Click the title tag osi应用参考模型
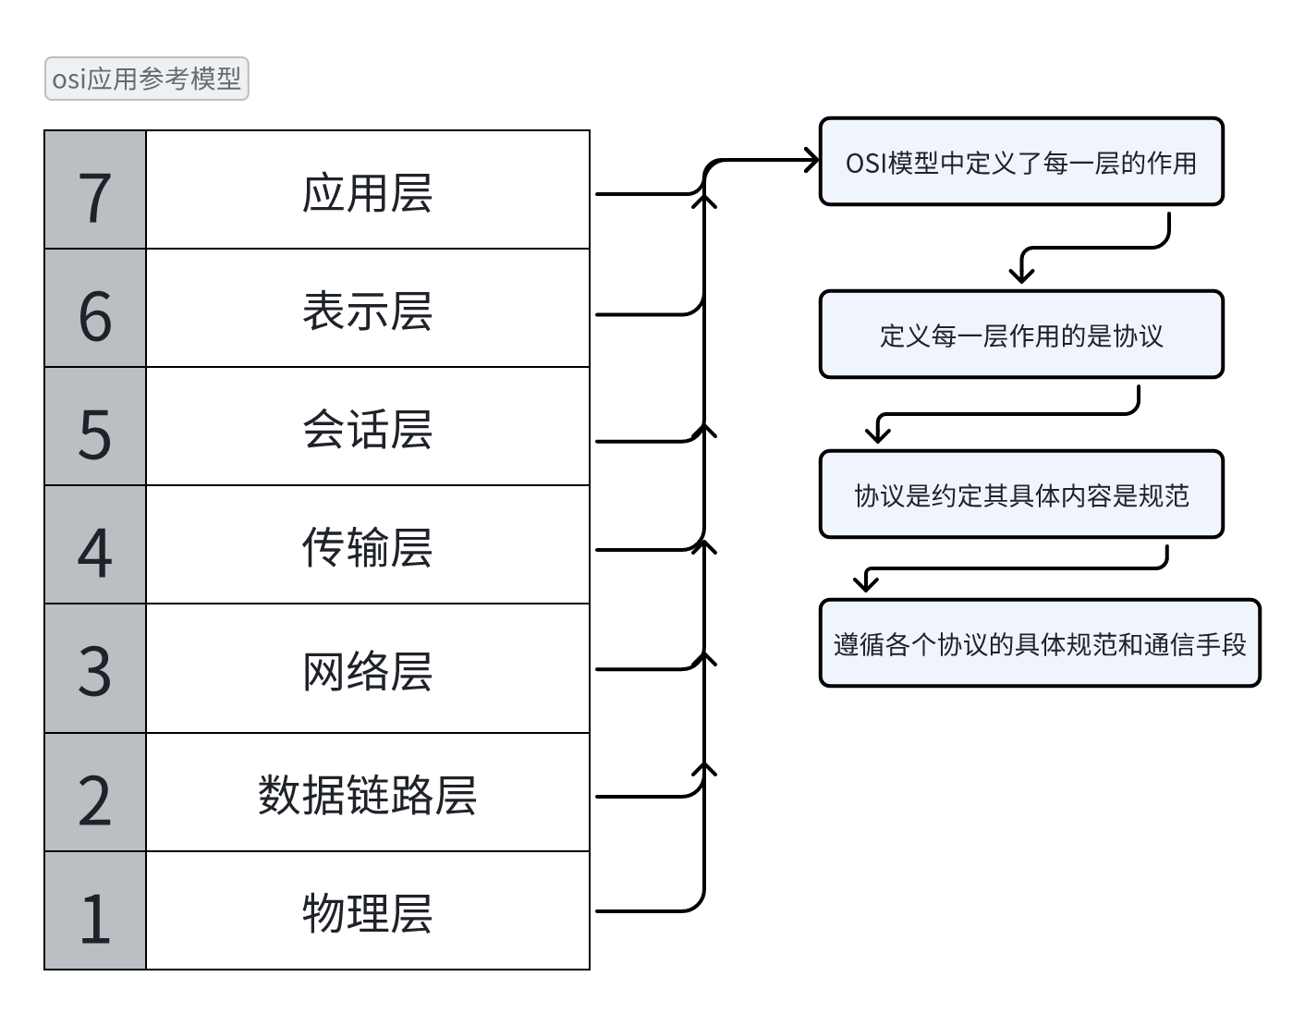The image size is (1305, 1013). (146, 79)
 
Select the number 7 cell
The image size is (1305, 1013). (95, 190)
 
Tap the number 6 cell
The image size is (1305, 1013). (95, 309)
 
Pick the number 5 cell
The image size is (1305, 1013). (95, 427)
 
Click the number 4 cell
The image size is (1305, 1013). (95, 545)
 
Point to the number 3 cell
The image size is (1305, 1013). (95, 669)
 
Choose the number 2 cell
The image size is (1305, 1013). (95, 793)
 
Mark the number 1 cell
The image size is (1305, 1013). (95, 911)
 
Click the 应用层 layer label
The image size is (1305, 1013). (367, 192)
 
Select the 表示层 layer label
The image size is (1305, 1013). (367, 311)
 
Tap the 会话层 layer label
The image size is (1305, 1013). (367, 429)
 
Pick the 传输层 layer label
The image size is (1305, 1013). (367, 547)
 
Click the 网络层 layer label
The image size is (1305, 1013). (367, 671)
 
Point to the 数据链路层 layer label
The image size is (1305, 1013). (367, 795)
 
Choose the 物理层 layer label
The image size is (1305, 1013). (367, 912)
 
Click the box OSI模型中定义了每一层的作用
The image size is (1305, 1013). (1021, 162)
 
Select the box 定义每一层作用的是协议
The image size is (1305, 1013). (1021, 335)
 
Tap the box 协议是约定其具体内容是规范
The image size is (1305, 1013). (1021, 494)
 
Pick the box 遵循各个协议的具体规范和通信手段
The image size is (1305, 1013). (1040, 643)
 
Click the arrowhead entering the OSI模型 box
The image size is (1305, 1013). (811, 161)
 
